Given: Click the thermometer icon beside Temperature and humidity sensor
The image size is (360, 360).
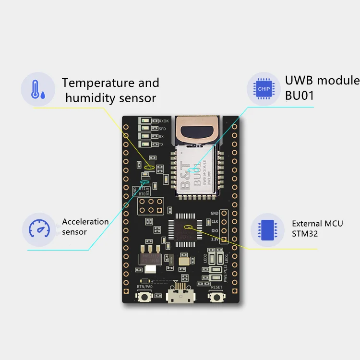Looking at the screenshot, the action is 38,89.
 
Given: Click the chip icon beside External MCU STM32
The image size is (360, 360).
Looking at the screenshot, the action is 267,230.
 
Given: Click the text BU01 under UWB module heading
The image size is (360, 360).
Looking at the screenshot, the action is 300,95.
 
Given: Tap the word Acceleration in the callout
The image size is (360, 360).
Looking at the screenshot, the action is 85,222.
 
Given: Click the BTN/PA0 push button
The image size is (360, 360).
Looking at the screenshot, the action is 143,298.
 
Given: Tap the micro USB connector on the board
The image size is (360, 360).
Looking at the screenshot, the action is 180,297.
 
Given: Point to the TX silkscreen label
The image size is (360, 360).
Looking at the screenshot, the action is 161,144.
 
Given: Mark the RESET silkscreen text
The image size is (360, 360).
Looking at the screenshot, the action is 217,288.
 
